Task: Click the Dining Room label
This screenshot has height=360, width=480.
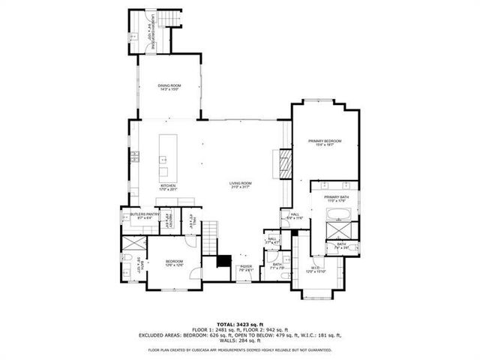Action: pos(169,87)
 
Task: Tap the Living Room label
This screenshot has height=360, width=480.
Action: pos(240,184)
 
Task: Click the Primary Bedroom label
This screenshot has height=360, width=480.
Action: pos(325,142)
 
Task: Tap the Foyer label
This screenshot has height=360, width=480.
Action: pos(244,268)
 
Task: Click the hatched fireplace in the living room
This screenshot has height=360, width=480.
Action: pos(285,163)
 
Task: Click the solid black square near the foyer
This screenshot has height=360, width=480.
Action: pos(223,262)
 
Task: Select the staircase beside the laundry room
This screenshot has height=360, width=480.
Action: pos(176,36)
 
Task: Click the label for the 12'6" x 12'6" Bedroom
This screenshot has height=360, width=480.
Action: pos(174,262)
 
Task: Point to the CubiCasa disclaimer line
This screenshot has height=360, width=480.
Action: pos(239,349)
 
